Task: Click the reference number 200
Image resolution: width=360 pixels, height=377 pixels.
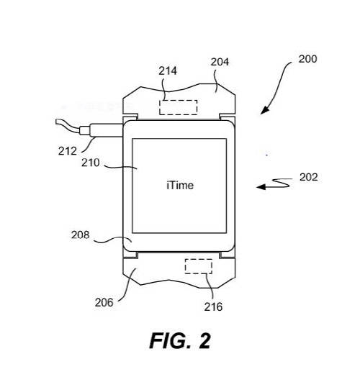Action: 307,59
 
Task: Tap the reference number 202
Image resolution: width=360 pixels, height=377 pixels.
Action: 309,177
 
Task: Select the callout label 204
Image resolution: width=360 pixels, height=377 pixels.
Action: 220,62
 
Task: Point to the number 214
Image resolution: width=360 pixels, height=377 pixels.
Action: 168,71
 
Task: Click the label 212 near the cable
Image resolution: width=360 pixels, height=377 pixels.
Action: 68,151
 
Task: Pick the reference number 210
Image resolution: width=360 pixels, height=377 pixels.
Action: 91,163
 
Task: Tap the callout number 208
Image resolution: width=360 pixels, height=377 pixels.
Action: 80,235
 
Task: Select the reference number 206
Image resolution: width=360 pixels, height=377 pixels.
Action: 104,302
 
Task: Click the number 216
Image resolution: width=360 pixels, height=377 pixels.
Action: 213,306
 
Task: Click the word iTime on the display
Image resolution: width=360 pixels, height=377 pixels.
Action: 180,186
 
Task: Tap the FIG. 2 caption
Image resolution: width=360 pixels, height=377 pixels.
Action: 180,341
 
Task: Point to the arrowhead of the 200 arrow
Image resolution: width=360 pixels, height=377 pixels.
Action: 264,110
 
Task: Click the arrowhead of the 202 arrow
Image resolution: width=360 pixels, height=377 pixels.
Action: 261,187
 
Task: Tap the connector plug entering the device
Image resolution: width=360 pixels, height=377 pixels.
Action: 106,130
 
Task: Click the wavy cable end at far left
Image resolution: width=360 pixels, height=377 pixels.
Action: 67,125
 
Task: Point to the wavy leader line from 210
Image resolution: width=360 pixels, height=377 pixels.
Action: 120,167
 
